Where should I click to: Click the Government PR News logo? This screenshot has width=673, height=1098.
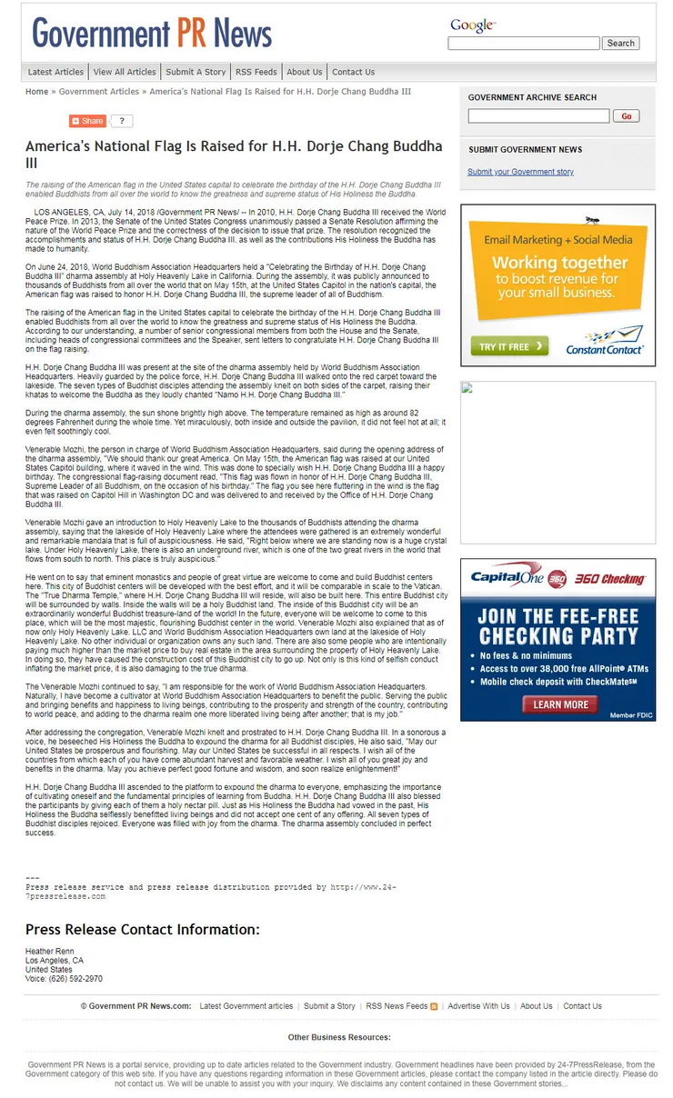153,34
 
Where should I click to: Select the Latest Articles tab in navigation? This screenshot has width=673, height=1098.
55,72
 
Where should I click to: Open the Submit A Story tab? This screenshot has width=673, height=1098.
196,72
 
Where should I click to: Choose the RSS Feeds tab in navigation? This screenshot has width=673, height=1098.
256,72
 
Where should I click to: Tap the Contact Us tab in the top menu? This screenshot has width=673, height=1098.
353,72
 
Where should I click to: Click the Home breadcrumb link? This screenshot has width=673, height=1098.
37,92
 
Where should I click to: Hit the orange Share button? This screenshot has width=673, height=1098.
88,121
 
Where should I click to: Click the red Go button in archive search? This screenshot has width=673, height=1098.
626,116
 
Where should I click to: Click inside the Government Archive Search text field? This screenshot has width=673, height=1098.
538,116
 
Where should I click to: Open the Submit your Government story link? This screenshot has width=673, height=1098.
520,172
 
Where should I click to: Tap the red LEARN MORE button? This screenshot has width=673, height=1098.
559,704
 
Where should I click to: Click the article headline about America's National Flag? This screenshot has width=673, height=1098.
234,154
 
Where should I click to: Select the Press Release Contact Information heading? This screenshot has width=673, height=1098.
142,929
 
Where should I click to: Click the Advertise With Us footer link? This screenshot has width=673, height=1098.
478,1006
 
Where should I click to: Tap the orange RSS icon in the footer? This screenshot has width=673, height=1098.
434,1006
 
